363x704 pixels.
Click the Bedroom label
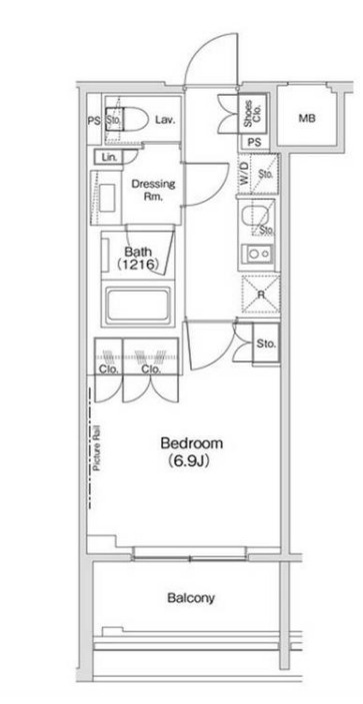point(192,443)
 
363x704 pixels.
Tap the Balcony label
point(191,598)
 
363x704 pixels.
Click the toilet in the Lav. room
point(127,120)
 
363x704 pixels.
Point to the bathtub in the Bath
point(137,303)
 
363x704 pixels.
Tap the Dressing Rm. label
point(153,190)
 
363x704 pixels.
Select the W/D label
point(244,172)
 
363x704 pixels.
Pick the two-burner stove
point(258,254)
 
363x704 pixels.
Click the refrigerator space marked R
point(261,295)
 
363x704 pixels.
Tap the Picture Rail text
point(97,447)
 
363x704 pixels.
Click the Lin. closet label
point(109,158)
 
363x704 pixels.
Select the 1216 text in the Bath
point(139,265)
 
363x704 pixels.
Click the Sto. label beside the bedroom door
point(266,344)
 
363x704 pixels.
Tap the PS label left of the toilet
point(94,120)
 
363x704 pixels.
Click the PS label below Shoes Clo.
point(255,143)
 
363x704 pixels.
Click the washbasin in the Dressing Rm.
point(107,197)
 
